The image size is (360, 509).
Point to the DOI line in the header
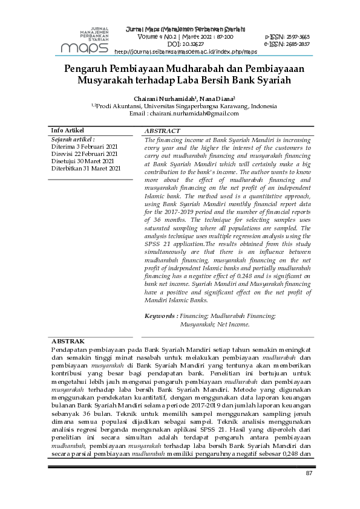coord(185,44)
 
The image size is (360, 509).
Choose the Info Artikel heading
coord(67,131)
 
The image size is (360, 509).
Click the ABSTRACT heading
coord(162,131)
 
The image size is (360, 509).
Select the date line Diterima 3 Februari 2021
coord(84,147)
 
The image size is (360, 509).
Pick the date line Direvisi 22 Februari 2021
coord(84,154)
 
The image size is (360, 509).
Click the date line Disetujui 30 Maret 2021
coord(82,161)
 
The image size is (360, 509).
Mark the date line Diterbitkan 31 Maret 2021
coord(86,169)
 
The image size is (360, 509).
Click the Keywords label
coord(160,316)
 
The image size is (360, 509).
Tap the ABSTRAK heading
coord(68,342)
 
